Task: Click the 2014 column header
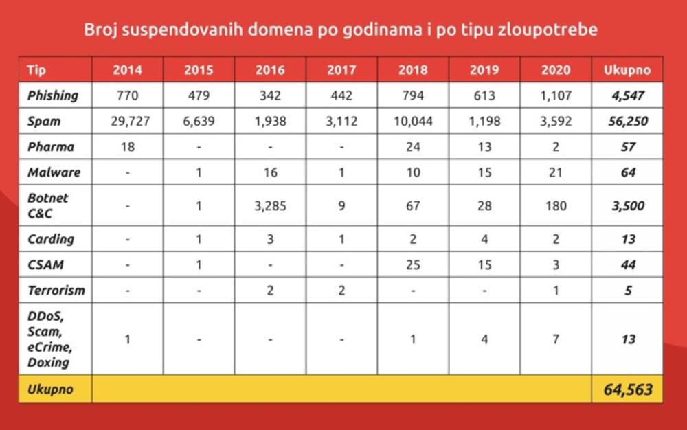click(x=127, y=70)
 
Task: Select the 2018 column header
click(x=413, y=70)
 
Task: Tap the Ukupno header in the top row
click(x=627, y=70)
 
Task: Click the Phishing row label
click(x=53, y=95)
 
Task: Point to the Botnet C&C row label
click(x=48, y=205)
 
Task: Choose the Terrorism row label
click(x=56, y=290)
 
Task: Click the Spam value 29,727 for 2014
click(x=127, y=122)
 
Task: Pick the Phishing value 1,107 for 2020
click(x=556, y=95)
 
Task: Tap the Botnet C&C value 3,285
click(x=270, y=205)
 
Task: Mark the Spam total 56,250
click(x=627, y=122)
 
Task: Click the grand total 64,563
click(x=627, y=389)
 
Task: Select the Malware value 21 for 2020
click(x=556, y=172)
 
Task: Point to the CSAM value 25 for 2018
click(x=413, y=264)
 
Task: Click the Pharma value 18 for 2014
click(x=127, y=147)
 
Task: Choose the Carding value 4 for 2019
click(x=484, y=239)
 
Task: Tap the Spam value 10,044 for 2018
click(x=413, y=122)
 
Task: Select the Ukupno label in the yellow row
click(x=49, y=389)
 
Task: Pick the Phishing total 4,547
click(x=627, y=95)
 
